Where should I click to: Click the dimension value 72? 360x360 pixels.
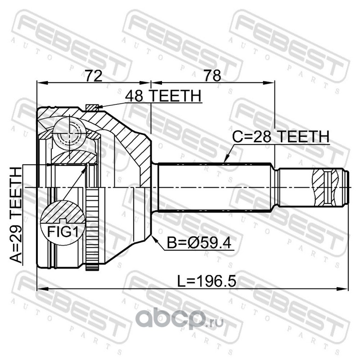point(94,76)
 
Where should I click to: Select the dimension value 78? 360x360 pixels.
point(212,76)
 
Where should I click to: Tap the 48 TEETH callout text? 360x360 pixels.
point(163,96)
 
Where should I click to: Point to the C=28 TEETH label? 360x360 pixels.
point(281,136)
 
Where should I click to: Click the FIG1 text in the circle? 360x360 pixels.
point(63,232)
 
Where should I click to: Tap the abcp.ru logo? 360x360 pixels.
point(180,319)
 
